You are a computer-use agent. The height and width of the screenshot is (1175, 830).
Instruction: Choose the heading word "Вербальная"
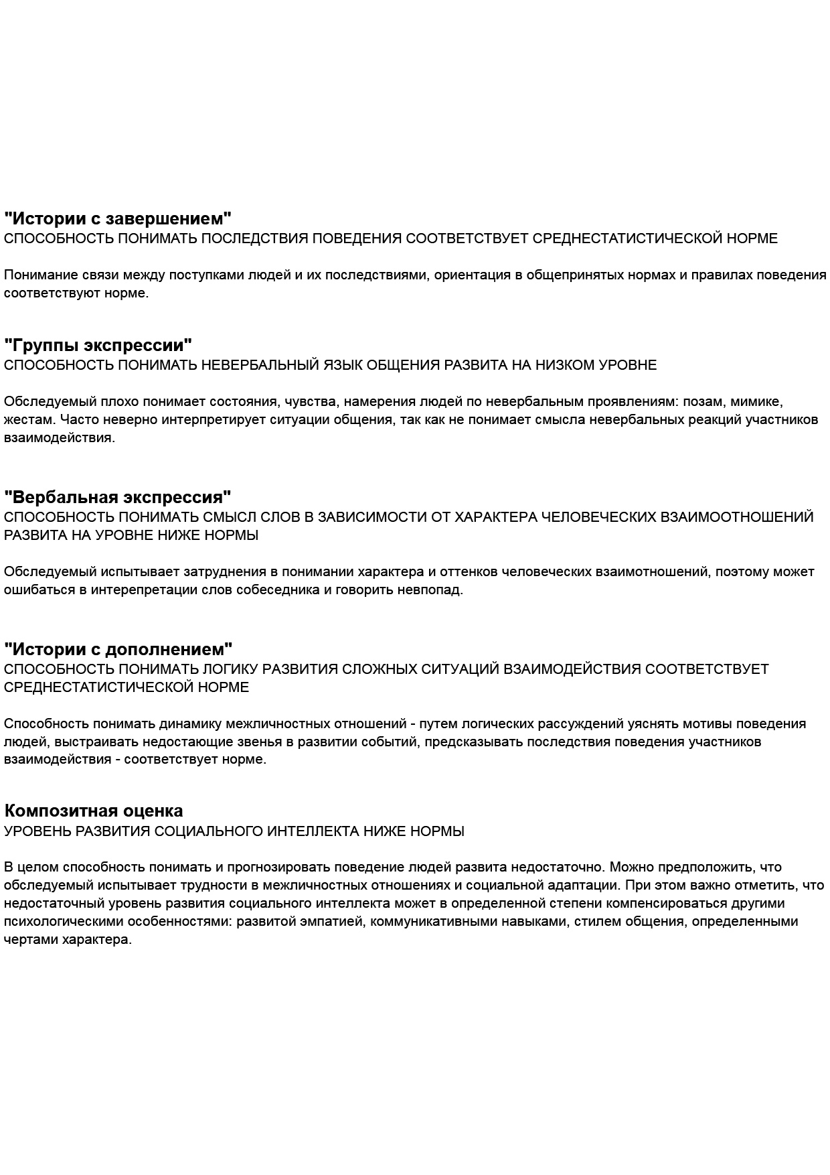(61, 498)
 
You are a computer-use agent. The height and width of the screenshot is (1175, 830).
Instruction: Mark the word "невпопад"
(434, 590)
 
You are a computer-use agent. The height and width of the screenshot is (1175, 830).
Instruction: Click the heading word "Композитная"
(61, 811)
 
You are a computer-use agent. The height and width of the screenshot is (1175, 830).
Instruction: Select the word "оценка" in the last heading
(153, 811)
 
